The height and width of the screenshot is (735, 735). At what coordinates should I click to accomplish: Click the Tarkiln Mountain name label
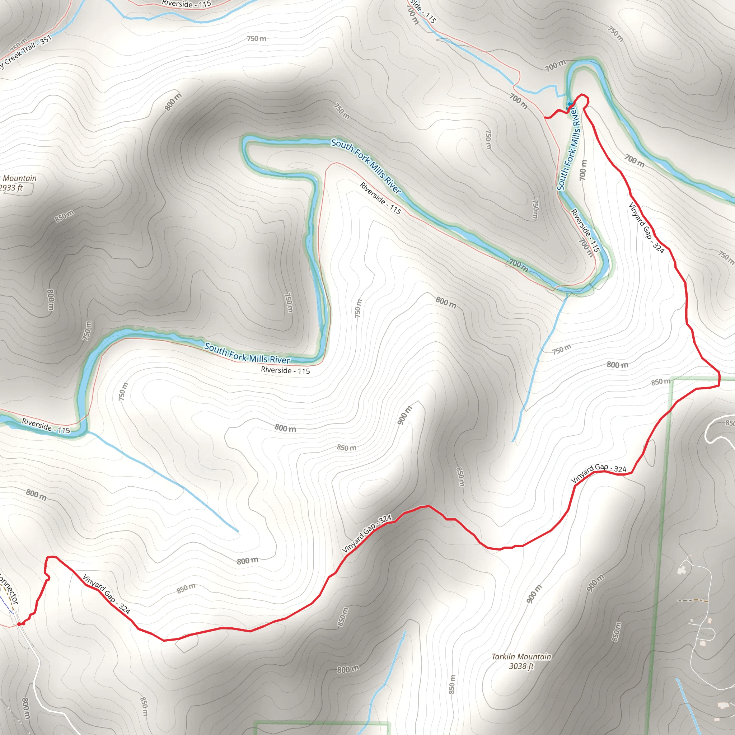click(x=521, y=656)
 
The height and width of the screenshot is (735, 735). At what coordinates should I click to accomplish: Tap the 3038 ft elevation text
click(x=521, y=666)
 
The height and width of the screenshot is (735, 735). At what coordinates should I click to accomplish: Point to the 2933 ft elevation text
click(x=11, y=188)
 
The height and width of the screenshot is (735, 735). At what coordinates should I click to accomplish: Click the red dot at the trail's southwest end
click(x=19, y=624)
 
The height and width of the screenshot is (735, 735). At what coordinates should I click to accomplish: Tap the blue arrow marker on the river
click(x=570, y=104)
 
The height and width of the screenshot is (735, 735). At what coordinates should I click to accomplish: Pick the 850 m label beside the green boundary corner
click(x=660, y=381)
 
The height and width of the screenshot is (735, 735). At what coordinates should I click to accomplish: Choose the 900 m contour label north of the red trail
click(x=404, y=415)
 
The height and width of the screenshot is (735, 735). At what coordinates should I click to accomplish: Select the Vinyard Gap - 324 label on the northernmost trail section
click(x=646, y=228)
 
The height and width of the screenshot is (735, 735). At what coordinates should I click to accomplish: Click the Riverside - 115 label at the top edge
click(x=186, y=4)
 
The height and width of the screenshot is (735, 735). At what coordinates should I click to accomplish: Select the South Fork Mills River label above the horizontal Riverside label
click(x=247, y=354)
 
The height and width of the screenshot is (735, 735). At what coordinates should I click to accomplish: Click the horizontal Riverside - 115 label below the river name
click(x=285, y=370)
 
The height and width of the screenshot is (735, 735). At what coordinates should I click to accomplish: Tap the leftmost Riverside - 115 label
click(x=46, y=426)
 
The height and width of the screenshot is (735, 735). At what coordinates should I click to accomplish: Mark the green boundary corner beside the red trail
click(x=673, y=379)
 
